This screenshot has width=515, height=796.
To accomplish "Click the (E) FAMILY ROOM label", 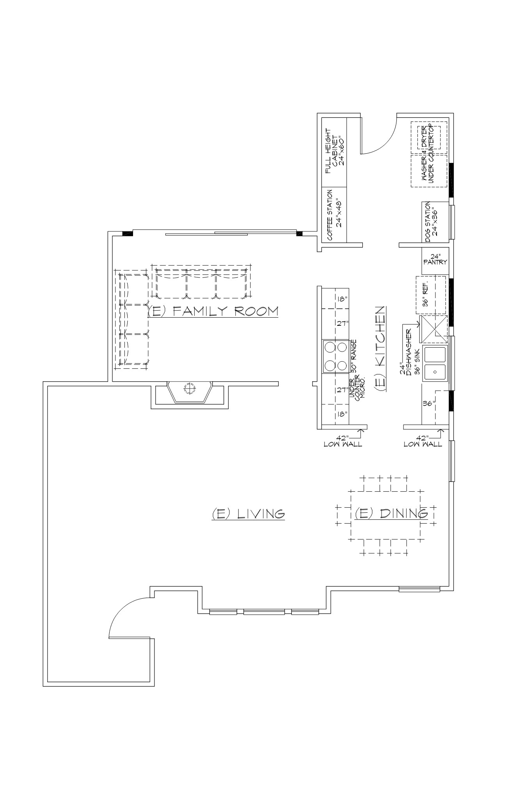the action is pos(213,311).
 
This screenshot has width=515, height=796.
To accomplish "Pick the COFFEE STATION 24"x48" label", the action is pos(334,215).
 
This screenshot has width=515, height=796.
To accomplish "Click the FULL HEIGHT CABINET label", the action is pos(334,151).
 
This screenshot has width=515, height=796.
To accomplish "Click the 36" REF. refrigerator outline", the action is pos(431,295).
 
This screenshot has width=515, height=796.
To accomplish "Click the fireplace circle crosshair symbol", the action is pos(189,388).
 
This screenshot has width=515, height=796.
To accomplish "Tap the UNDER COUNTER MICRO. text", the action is pos(357,388).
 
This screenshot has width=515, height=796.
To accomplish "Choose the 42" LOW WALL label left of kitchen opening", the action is pos(343,441).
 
